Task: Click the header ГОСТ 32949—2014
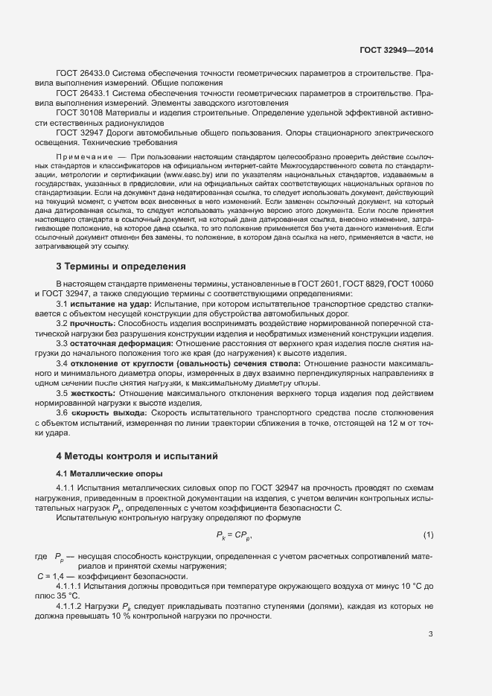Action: pos(397,50)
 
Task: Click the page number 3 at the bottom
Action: pos(430,634)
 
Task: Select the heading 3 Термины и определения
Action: pos(121,266)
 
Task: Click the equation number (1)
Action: pos(428,534)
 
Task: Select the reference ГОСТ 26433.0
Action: pos(83,74)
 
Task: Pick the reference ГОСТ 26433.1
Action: pos(83,93)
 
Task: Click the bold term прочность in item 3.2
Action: pos(93,324)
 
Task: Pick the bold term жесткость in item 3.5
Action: pos(93,392)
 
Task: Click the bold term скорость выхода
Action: pos(109,412)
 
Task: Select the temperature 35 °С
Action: pos(66,596)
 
